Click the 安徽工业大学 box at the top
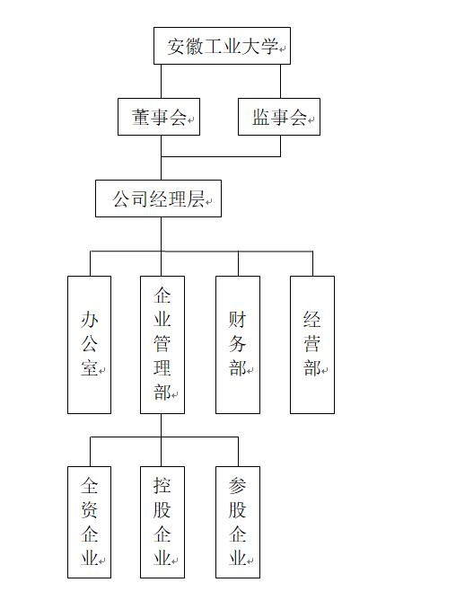point(222,46)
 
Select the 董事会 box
point(159,117)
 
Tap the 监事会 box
point(279,117)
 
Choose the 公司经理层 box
point(158,199)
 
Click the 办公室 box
point(89,345)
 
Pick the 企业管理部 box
point(162,345)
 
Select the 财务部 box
point(238,345)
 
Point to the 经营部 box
point(312,345)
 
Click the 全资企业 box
point(89,523)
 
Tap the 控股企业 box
point(162,523)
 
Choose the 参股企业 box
point(238,523)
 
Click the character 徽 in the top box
point(194,47)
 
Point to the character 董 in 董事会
point(141,118)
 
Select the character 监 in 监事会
point(261,118)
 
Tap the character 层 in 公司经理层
point(196,199)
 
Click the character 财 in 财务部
point(237,320)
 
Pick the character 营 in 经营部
point(311,344)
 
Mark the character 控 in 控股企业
point(162,485)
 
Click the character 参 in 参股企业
point(237,485)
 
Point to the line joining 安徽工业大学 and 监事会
point(281,81)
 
